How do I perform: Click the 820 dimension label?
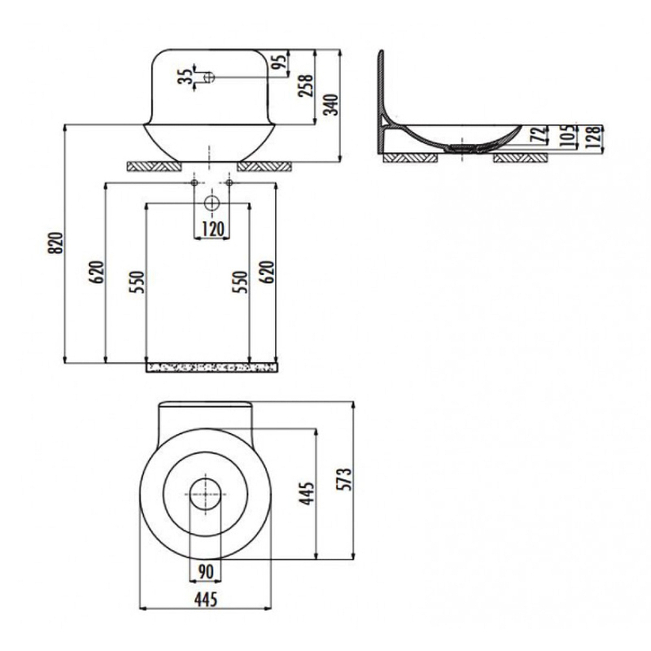pyautogui.click(x=55, y=243)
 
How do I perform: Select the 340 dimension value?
pyautogui.click(x=331, y=105)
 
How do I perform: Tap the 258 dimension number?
pyautogui.click(x=306, y=86)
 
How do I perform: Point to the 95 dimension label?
pyautogui.click(x=281, y=62)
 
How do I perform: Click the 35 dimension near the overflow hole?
pyautogui.click(x=185, y=76)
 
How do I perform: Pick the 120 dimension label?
pyautogui.click(x=212, y=229)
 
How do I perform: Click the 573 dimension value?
pyautogui.click(x=343, y=479)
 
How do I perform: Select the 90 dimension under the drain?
pyautogui.click(x=206, y=572)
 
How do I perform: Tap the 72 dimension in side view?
pyautogui.click(x=539, y=135)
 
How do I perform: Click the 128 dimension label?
pyautogui.click(x=594, y=137)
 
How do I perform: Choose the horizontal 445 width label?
pyautogui.click(x=206, y=600)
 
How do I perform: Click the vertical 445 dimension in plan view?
pyautogui.click(x=307, y=494)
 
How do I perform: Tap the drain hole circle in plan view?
pyautogui.click(x=206, y=494)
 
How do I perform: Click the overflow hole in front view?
pyautogui.click(x=210, y=76)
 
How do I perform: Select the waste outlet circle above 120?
pyautogui.click(x=212, y=203)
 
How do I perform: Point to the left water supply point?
pyautogui.click(x=194, y=182)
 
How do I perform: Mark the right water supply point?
pyautogui.click(x=229, y=182)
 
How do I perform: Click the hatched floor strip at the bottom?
pyautogui.click(x=212, y=368)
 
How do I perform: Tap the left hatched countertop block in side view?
pyautogui.click(x=410, y=158)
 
